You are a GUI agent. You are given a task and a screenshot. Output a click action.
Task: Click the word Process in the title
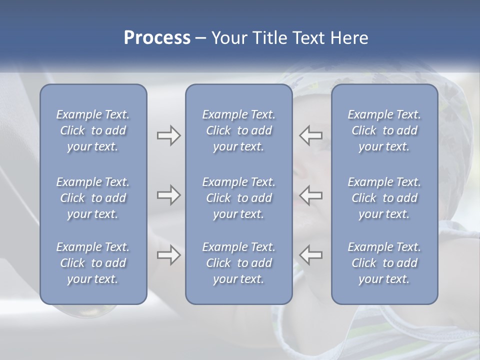click(157, 38)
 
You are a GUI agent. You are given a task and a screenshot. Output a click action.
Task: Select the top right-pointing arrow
click(168, 135)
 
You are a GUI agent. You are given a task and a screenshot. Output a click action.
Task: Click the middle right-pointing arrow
click(168, 195)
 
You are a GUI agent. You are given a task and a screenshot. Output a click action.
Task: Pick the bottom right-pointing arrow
click(168, 255)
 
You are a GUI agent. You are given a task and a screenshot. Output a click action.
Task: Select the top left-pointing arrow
click(311, 135)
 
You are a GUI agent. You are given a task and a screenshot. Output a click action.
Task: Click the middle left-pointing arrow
click(311, 195)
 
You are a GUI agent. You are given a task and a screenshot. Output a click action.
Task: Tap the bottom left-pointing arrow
click(311, 255)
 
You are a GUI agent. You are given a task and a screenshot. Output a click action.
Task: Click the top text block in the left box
click(93, 130)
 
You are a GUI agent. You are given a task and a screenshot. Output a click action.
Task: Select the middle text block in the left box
click(93, 198)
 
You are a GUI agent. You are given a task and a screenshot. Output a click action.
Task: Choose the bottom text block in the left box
click(93, 263)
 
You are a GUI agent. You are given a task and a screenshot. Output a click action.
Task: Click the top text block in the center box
click(238, 130)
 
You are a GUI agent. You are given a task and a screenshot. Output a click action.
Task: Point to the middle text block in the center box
click(238, 198)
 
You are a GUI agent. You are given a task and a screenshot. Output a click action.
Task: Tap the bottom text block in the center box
click(238, 263)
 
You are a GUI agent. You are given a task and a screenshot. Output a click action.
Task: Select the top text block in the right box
click(384, 130)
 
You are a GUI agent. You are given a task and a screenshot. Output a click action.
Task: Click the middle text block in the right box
click(384, 198)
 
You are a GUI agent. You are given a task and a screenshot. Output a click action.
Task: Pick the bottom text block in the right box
click(384, 263)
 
